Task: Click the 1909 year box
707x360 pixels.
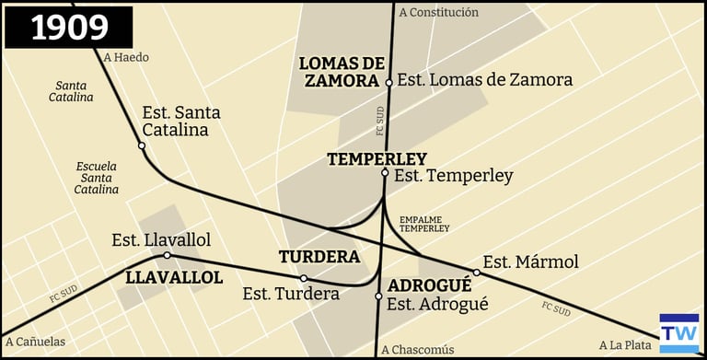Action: click(x=69, y=28)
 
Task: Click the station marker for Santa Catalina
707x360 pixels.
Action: click(x=142, y=145)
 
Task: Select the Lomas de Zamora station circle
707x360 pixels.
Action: click(x=388, y=82)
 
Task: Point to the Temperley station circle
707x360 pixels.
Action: click(x=385, y=172)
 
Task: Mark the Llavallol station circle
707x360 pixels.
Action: click(x=167, y=255)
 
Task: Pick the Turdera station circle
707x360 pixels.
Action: click(x=304, y=278)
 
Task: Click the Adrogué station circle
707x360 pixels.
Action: click(x=378, y=296)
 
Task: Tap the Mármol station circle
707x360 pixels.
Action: click(x=476, y=272)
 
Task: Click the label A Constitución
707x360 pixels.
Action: click(x=438, y=13)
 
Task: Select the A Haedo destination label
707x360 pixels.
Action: click(x=126, y=57)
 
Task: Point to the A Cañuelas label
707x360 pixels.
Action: click(x=33, y=342)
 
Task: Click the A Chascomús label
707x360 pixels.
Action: click(x=417, y=349)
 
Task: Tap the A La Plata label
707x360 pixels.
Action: click(x=625, y=345)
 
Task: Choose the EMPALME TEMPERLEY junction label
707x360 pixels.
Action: click(x=423, y=224)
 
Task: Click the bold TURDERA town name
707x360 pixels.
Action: click(x=319, y=256)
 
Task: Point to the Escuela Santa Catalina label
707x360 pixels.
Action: click(x=98, y=178)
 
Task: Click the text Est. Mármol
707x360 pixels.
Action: click(x=530, y=262)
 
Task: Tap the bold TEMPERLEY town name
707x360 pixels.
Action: click(x=377, y=159)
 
